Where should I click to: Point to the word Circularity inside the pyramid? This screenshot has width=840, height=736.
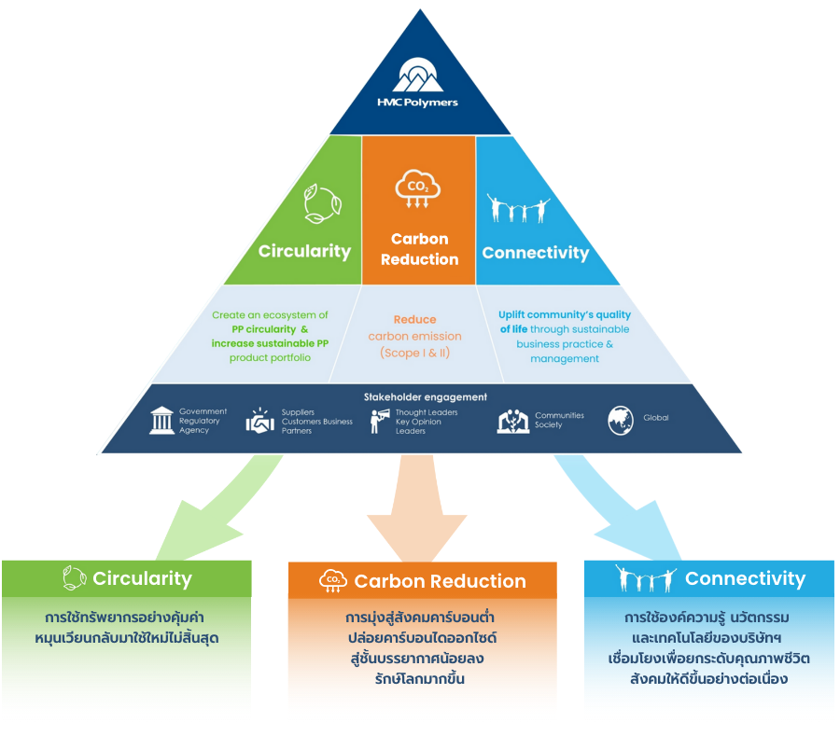click(304, 251)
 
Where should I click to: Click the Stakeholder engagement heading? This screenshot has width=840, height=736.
click(425, 396)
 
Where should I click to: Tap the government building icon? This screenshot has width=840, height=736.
click(161, 421)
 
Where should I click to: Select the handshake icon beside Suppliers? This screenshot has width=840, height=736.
click(260, 422)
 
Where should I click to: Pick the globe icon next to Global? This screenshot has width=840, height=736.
click(621, 420)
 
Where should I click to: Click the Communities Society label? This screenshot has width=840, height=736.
click(559, 420)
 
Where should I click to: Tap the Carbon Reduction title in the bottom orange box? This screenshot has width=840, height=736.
click(440, 581)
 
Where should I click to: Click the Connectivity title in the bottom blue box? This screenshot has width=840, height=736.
click(745, 578)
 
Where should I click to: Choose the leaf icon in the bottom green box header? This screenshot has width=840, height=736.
click(74, 578)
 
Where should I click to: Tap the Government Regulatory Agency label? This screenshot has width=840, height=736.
click(203, 421)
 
